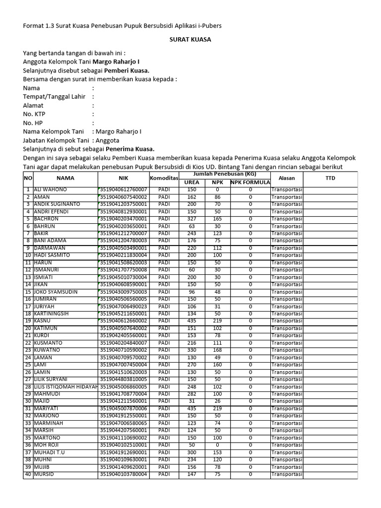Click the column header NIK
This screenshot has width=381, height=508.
(x=123, y=178)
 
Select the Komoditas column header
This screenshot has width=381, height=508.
(x=163, y=178)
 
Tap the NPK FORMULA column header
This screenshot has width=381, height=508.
(x=250, y=182)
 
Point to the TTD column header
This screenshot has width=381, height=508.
(x=330, y=178)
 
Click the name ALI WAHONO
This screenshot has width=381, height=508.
(x=50, y=190)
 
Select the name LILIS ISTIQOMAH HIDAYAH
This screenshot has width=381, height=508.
(x=66, y=386)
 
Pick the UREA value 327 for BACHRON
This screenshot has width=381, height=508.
(x=191, y=219)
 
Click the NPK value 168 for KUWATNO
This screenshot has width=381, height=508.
(x=217, y=350)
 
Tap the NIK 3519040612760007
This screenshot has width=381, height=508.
(x=124, y=190)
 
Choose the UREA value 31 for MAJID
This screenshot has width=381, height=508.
(x=191, y=401)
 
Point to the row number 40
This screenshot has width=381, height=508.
(x=28, y=474)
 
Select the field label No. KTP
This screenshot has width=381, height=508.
(x=35, y=114)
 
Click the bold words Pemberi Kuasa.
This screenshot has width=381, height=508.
(x=127, y=70)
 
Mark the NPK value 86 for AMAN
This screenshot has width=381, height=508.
(x=217, y=197)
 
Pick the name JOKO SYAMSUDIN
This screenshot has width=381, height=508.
(x=56, y=292)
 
